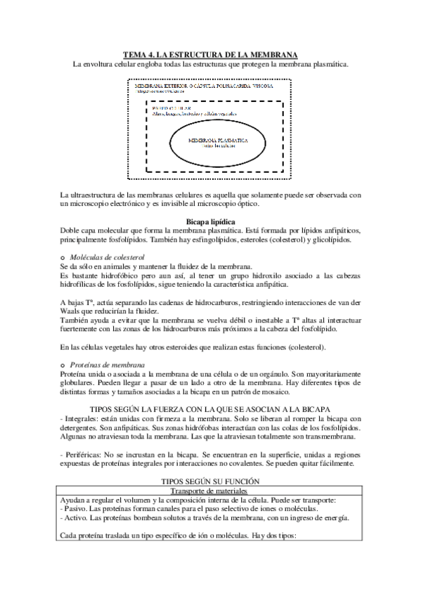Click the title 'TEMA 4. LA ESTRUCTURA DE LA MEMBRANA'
210,54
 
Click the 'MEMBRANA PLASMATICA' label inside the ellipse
218,141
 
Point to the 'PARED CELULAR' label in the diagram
167,108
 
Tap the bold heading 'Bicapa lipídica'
210,221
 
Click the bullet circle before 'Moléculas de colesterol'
63,259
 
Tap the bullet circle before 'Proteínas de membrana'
63,365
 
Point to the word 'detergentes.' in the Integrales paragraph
81,428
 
